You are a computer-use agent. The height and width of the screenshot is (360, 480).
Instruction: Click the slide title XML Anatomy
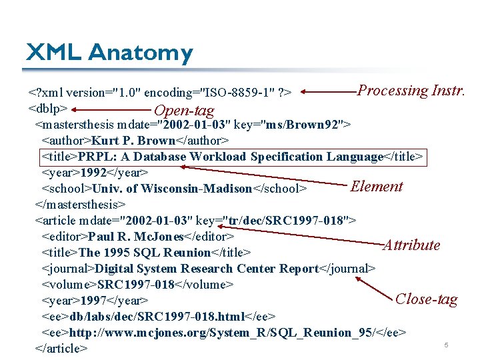(x=109, y=53)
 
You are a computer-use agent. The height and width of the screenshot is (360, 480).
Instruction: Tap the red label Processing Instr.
(x=411, y=91)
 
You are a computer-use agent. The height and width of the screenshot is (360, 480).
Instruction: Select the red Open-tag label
(x=184, y=111)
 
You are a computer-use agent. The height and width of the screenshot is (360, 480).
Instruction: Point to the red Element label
(x=377, y=187)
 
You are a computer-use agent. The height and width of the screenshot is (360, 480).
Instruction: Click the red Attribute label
(x=411, y=245)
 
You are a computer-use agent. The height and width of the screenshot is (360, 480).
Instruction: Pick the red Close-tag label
(x=427, y=299)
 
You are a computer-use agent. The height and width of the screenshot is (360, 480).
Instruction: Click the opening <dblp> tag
(x=48, y=108)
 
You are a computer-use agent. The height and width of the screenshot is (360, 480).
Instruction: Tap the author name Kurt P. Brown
(x=133, y=141)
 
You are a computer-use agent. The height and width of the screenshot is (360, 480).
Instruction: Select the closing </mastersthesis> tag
(x=80, y=205)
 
